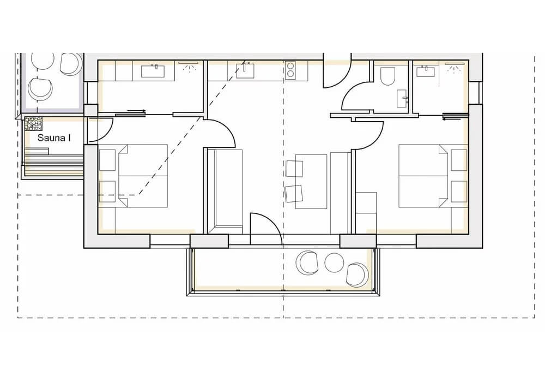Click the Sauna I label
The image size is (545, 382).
[x=54, y=138]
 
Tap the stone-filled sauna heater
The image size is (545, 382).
[x=33, y=124]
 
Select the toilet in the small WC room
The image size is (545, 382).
[x=388, y=76]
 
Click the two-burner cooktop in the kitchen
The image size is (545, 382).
[x=290, y=70]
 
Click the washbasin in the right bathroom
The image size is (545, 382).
[x=426, y=71]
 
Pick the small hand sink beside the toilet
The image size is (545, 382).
[x=402, y=98]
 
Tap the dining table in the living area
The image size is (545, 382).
[x=311, y=182]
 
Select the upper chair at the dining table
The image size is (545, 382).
[x=294, y=169]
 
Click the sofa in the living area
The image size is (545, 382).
[x=225, y=192]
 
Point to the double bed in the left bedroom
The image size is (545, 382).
[x=143, y=176]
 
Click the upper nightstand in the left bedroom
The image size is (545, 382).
[x=107, y=160]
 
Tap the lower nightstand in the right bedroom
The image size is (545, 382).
[x=459, y=192]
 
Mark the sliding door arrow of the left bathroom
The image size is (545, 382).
[x=137, y=111]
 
